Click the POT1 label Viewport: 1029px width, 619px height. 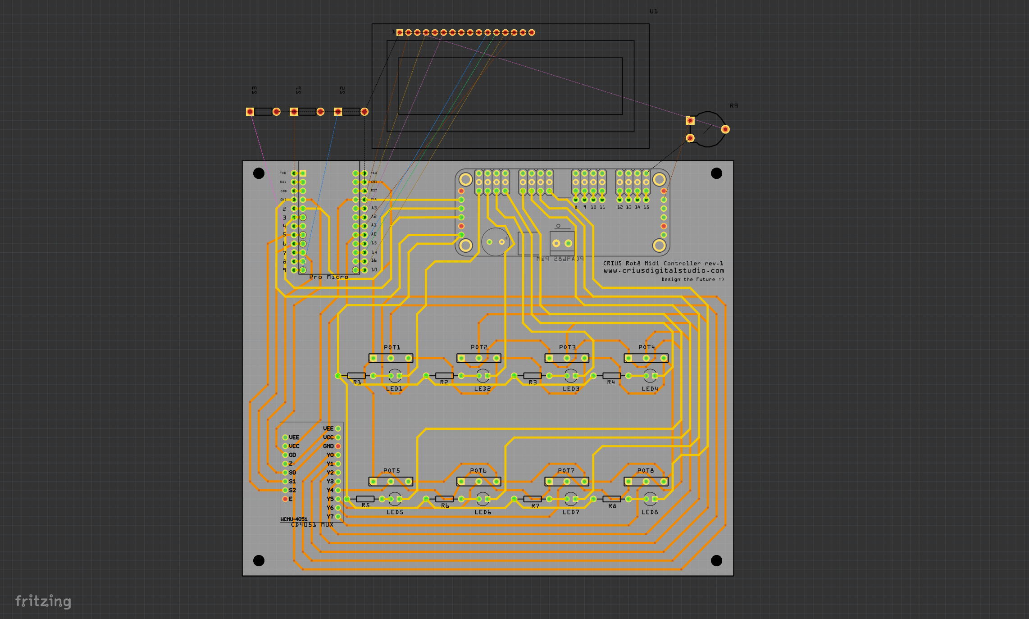click(392, 347)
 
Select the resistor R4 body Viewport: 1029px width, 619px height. click(611, 375)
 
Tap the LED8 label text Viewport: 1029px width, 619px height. click(650, 512)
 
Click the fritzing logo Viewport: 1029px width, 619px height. click(43, 601)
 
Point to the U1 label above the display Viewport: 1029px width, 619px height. click(654, 11)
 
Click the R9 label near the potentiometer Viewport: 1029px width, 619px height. click(734, 106)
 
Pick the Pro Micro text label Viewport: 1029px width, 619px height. click(329, 277)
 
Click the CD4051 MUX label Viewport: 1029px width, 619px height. click(312, 524)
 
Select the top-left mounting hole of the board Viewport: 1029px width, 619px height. click(259, 173)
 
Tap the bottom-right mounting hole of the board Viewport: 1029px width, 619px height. click(716, 560)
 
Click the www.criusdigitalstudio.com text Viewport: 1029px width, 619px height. click(664, 271)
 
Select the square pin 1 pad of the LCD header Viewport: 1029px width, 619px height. click(400, 32)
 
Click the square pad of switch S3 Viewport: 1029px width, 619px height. click(250, 112)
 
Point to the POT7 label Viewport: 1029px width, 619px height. click(566, 471)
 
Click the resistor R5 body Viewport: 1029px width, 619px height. click(365, 499)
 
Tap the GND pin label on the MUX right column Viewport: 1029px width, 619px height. click(328, 446)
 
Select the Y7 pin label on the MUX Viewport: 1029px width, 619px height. click(330, 516)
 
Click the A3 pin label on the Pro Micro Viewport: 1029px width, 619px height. click(374, 208)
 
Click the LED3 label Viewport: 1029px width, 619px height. click(571, 389)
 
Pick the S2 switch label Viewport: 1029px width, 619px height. click(342, 90)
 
